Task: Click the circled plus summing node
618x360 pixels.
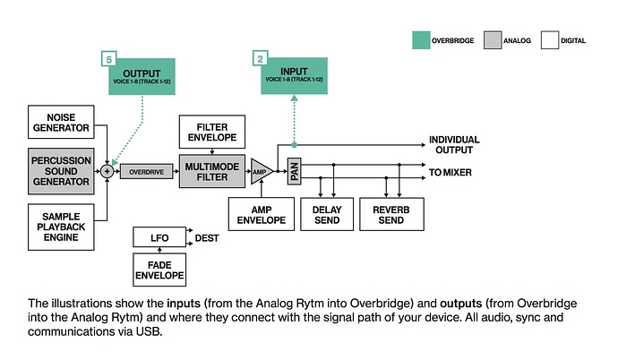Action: [x=107, y=170]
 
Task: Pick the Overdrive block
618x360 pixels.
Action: [x=145, y=170]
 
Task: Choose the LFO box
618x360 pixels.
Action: [x=160, y=236]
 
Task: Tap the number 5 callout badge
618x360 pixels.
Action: [x=108, y=59]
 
